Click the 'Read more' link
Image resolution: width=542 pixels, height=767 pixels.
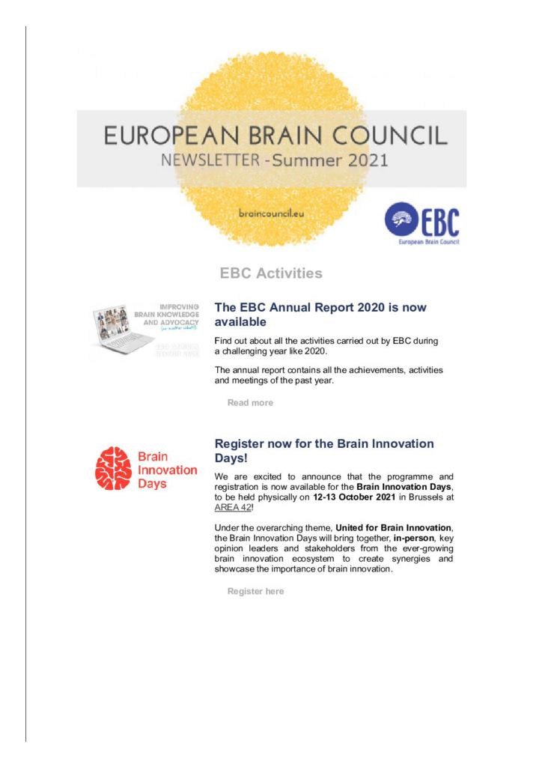[x=250, y=403]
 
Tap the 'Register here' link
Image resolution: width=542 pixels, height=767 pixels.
[x=255, y=592]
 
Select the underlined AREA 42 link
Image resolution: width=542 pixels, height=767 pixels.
[x=231, y=507]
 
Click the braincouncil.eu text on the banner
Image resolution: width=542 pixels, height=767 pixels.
[x=271, y=213]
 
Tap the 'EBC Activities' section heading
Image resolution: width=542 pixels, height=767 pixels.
[x=271, y=273]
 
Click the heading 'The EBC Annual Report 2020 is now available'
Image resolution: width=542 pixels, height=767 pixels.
[x=320, y=315]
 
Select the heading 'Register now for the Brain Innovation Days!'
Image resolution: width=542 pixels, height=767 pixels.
[x=324, y=451]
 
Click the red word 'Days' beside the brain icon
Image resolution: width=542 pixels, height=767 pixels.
[x=153, y=483]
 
